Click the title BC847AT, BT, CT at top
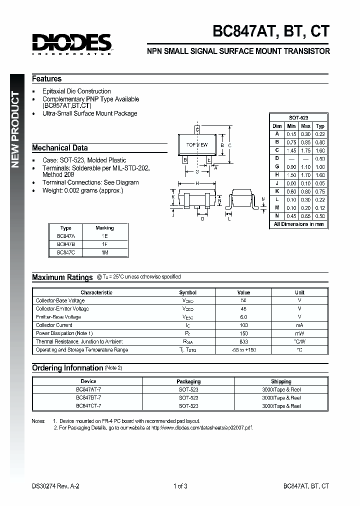click(271, 31)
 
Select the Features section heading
click(47, 79)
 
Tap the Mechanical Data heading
click(60, 148)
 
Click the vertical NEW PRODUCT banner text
click(16, 130)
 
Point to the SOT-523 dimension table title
click(298, 117)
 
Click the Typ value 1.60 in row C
click(320, 150)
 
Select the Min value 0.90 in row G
click(291, 166)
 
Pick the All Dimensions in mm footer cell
click(298, 224)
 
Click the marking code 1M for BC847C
click(104, 253)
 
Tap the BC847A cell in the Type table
click(65, 236)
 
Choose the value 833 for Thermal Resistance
click(243, 341)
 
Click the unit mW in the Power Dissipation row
click(299, 333)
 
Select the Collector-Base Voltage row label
click(60, 301)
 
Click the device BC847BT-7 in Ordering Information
click(88, 397)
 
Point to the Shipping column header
click(281, 381)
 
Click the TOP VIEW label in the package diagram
click(197, 145)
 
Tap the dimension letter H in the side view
click(197, 183)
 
